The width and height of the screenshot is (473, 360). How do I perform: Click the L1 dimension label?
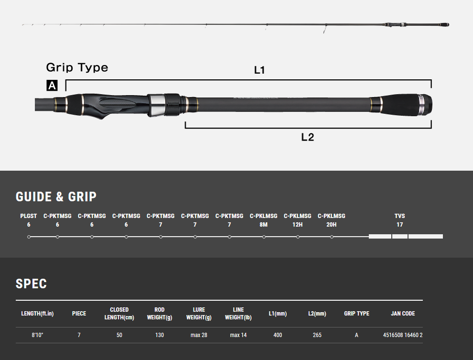[x=259, y=70]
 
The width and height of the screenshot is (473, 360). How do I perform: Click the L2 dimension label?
[x=307, y=137]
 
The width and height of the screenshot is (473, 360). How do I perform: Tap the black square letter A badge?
[x=52, y=86]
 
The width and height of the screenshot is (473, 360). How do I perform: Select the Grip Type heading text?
[x=77, y=67]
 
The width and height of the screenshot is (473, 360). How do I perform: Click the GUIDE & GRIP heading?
[x=56, y=197]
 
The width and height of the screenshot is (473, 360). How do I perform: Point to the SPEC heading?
[x=31, y=284]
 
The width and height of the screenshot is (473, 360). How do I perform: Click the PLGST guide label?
[x=29, y=216]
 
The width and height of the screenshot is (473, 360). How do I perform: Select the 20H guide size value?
[x=331, y=225]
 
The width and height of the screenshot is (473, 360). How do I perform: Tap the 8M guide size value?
[x=263, y=225]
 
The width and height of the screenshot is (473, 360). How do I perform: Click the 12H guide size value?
[x=298, y=225]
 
